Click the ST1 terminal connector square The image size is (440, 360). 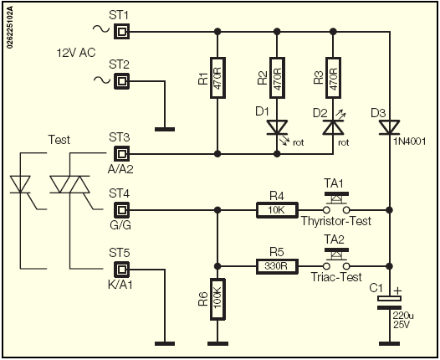click(121, 31)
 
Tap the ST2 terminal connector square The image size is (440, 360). click(121, 81)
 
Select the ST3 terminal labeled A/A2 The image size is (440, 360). click(121, 154)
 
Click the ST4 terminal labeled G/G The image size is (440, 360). click(121, 210)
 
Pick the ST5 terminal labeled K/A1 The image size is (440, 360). click(121, 270)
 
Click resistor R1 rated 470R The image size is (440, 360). click(217, 78)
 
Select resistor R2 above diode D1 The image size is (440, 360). click(277, 78)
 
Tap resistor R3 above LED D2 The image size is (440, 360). click(333, 78)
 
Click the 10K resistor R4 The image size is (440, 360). click(277, 210)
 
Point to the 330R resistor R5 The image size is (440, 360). click(277, 266)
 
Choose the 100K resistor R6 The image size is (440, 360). click(217, 299)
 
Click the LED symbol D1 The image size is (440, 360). click(277, 128)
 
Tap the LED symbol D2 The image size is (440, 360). click(333, 128)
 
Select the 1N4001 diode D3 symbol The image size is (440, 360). click(389, 128)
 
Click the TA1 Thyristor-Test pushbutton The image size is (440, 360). click(336, 203)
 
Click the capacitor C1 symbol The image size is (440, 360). click(389, 303)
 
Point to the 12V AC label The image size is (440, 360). click(76, 53)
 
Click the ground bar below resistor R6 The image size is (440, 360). click(217, 343)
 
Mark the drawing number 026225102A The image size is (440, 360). click(9, 27)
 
